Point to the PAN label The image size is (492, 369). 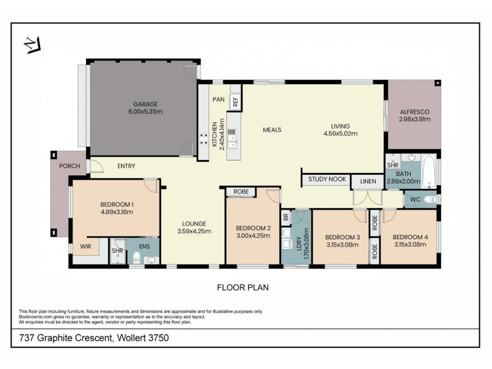pyautogui.click(x=218, y=99)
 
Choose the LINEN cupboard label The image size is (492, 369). pyautogui.click(x=368, y=181)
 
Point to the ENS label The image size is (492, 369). pyautogui.click(x=144, y=247)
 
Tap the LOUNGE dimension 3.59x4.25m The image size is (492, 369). pyautogui.click(x=194, y=231)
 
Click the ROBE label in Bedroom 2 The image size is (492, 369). pyautogui.click(x=241, y=192)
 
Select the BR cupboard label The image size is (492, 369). pyautogui.click(x=285, y=217)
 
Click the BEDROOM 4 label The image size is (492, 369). pyautogui.click(x=409, y=237)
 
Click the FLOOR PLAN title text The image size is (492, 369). pyautogui.click(x=243, y=287)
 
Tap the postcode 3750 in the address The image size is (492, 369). pyautogui.click(x=157, y=338)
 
